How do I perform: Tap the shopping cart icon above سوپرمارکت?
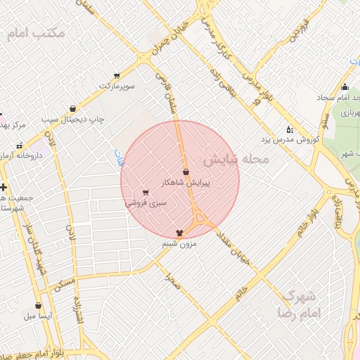[116, 75]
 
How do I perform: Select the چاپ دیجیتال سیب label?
[72, 120]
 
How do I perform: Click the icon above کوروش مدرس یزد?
[289, 129]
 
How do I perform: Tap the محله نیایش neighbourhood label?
[236, 160]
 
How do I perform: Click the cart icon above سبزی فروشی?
[146, 192]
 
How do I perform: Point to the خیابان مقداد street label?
[234, 246]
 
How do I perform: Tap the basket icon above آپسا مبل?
[38, 306]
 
